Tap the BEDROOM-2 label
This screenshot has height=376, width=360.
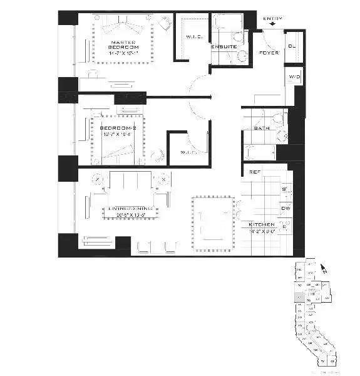click(x=114, y=128)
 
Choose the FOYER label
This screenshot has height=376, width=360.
click(x=269, y=53)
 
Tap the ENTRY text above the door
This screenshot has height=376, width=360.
click(x=272, y=19)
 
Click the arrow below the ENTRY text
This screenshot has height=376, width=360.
click(x=272, y=26)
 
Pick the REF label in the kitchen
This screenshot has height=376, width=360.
click(x=255, y=172)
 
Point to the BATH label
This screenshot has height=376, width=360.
click(x=261, y=128)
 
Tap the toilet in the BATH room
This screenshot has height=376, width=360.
click(x=277, y=118)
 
